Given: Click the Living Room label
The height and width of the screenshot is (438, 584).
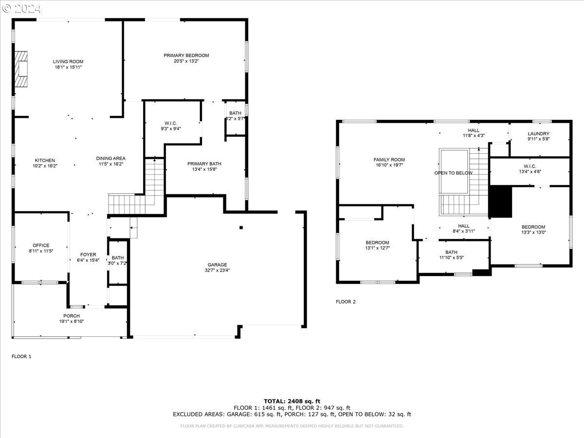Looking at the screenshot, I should click(68, 62).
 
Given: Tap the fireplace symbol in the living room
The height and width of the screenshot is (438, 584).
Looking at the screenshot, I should click(21, 68).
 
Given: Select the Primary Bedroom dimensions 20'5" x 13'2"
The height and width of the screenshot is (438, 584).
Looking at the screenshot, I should click(186, 61).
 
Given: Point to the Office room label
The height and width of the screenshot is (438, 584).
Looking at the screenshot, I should click(41, 245).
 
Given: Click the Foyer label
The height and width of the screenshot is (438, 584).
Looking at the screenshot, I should click(88, 255).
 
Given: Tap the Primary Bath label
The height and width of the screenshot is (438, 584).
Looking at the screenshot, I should click(204, 164).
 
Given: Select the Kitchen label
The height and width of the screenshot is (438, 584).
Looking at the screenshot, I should click(45, 161).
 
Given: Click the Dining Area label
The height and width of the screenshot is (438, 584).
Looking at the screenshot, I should click(110, 158).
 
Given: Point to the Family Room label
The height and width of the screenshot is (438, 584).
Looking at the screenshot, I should click(389, 160).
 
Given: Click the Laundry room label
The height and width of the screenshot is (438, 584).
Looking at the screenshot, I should click(539, 134).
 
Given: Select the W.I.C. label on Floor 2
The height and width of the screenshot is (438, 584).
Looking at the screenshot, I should click(530, 166).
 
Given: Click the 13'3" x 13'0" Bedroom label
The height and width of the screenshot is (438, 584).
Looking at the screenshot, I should click(533, 227).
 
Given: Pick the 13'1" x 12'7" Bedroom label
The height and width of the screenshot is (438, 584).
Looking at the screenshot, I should click(377, 242).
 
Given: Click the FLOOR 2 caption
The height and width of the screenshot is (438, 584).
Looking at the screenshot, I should click(346, 302).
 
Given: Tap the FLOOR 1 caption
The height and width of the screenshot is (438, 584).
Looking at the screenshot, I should click(21, 356).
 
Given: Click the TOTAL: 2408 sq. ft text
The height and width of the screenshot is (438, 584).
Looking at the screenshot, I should click(292, 401).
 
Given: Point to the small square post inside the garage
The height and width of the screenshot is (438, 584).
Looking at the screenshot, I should click(241, 227).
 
